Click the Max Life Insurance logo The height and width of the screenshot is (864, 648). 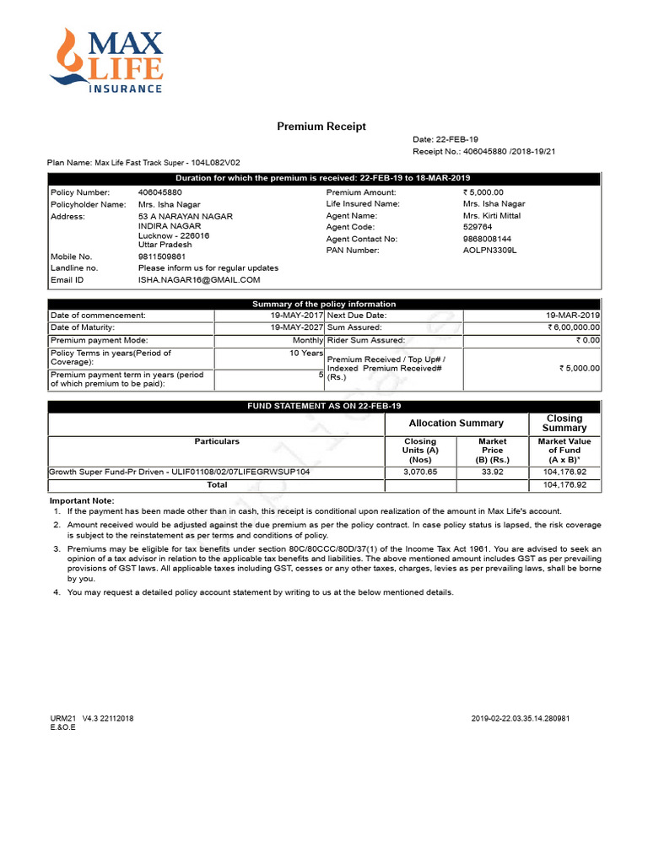click(106, 60)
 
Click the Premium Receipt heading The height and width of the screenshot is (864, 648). click(321, 127)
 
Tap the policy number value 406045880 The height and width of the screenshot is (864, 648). click(159, 192)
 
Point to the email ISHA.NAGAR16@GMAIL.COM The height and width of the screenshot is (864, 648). click(199, 279)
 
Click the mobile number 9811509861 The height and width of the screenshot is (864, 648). click(162, 256)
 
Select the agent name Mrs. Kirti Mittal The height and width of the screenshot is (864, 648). click(492, 216)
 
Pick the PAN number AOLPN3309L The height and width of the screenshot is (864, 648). click(489, 251)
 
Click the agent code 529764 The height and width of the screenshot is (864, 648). click(477, 227)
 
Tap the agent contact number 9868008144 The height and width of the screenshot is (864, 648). click(486, 239)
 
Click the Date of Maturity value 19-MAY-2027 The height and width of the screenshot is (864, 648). click(296, 327)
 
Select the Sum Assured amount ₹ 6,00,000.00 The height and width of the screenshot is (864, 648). click(573, 327)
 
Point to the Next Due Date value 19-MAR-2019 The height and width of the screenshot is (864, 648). click(573, 315)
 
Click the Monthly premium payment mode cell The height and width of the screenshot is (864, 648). click(307, 340)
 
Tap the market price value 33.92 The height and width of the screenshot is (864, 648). click(492, 472)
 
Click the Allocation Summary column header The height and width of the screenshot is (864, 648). click(456, 424)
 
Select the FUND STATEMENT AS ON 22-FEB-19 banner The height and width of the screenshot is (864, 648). click(324, 407)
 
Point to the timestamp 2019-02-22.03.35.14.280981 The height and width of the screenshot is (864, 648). click(521, 719)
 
